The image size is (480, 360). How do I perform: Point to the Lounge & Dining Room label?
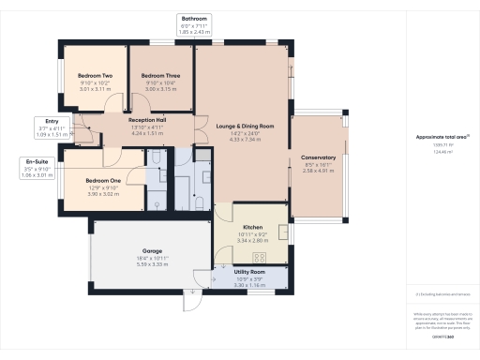pyautogui.click(x=245, y=126)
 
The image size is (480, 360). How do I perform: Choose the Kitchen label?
pyautogui.click(x=251, y=227)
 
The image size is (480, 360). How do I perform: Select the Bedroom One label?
pyautogui.click(x=103, y=180)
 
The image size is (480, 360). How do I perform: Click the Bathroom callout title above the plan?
pyautogui.click(x=196, y=19)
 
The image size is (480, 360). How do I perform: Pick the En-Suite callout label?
pyautogui.click(x=38, y=161)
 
